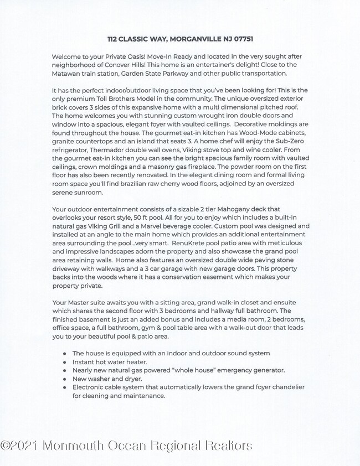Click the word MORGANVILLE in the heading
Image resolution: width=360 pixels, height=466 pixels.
click(x=196, y=39)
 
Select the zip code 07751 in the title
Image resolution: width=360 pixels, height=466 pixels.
click(x=241, y=39)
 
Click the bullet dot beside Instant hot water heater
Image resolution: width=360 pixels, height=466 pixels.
click(x=65, y=361)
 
